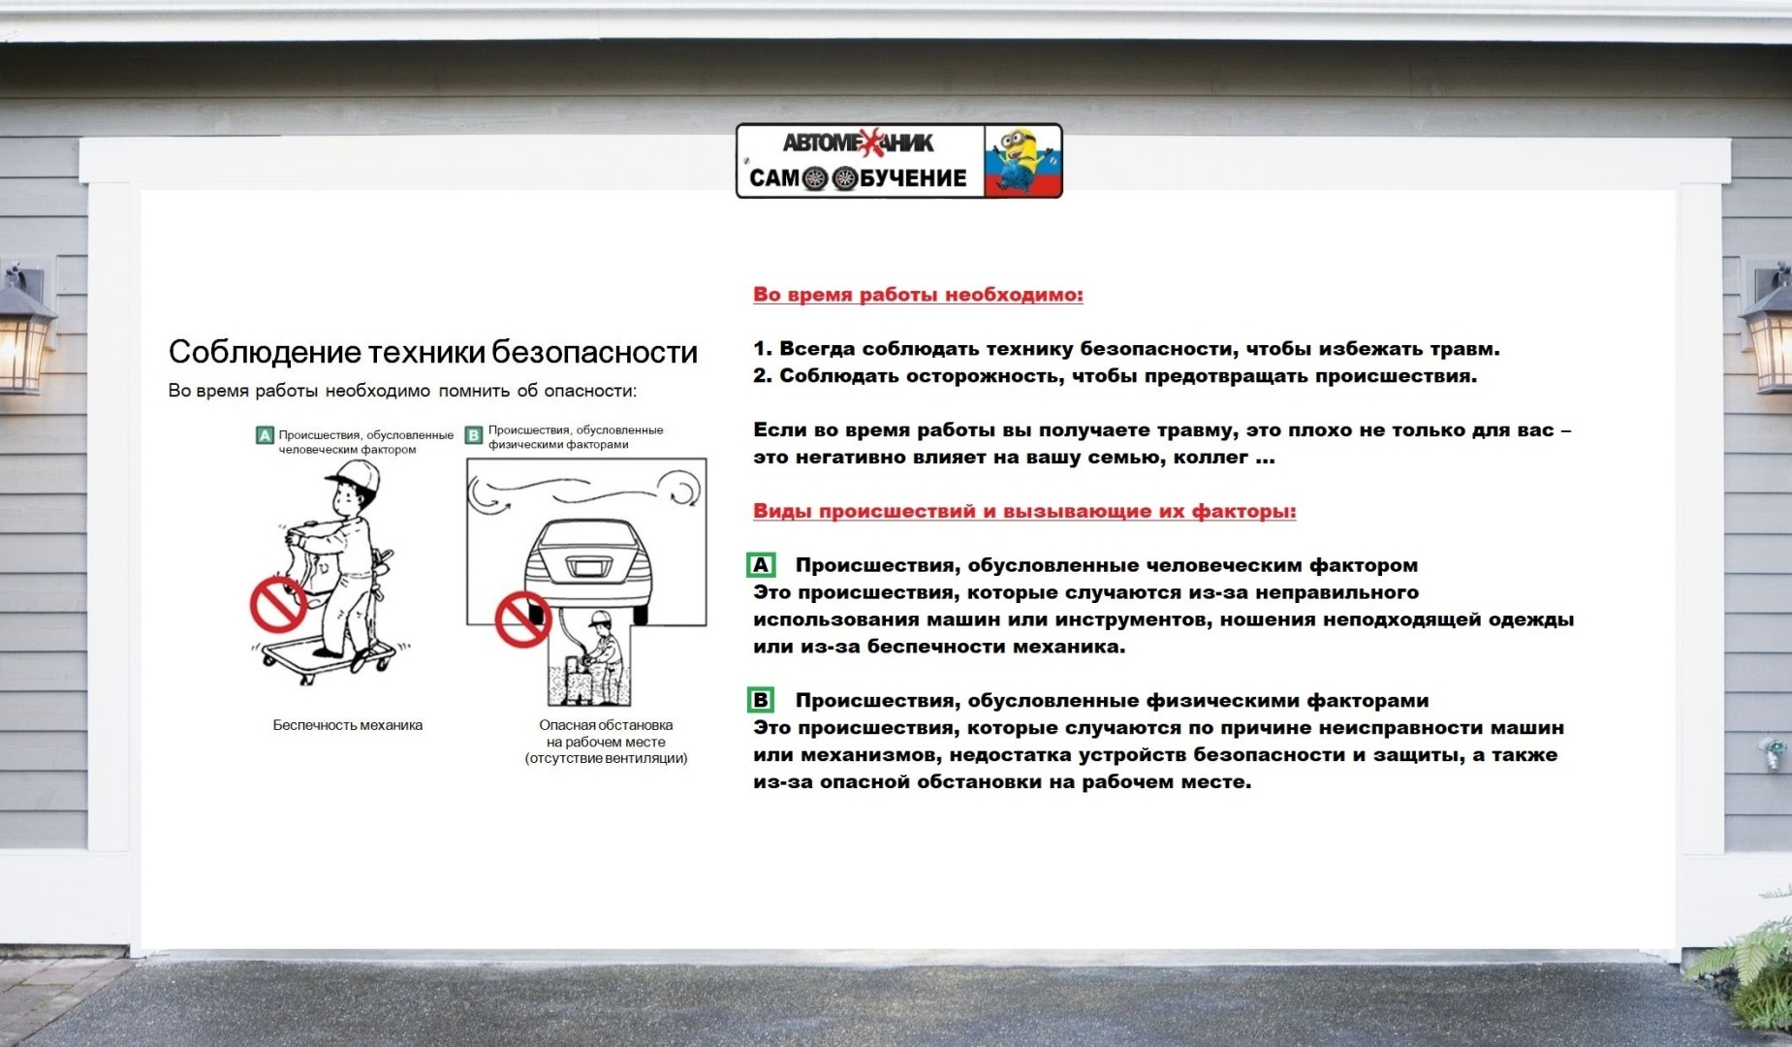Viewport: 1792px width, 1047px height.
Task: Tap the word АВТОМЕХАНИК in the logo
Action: click(x=858, y=143)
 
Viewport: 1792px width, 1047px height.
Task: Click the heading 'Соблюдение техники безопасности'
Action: click(x=432, y=352)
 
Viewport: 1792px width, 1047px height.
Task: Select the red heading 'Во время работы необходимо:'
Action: click(x=917, y=295)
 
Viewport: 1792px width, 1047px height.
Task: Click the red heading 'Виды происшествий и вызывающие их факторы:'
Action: click(x=1023, y=511)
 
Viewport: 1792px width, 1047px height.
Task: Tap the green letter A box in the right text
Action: click(x=761, y=565)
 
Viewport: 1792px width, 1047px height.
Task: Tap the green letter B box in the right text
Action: click(x=761, y=700)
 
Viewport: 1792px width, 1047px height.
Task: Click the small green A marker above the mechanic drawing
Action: click(x=265, y=435)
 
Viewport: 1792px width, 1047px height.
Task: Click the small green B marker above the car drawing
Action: click(x=474, y=435)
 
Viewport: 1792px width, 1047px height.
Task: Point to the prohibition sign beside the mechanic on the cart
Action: click(x=278, y=605)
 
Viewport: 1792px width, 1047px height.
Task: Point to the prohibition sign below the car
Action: click(x=522, y=619)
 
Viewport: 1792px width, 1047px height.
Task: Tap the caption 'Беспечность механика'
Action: click(x=347, y=725)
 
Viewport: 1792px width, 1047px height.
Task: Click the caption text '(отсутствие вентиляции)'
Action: click(x=606, y=758)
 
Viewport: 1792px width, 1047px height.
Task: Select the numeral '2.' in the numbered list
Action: click(x=762, y=376)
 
